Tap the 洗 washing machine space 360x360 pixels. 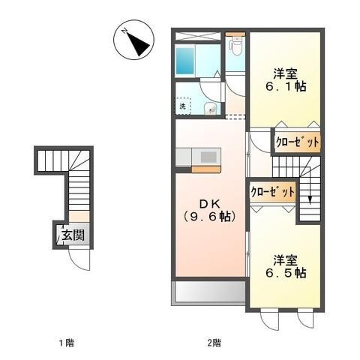pos(182,106)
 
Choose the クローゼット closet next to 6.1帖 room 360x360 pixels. pos(298,141)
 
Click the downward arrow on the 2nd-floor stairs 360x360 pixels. pos(310,197)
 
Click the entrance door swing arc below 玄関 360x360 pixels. pos(77,259)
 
